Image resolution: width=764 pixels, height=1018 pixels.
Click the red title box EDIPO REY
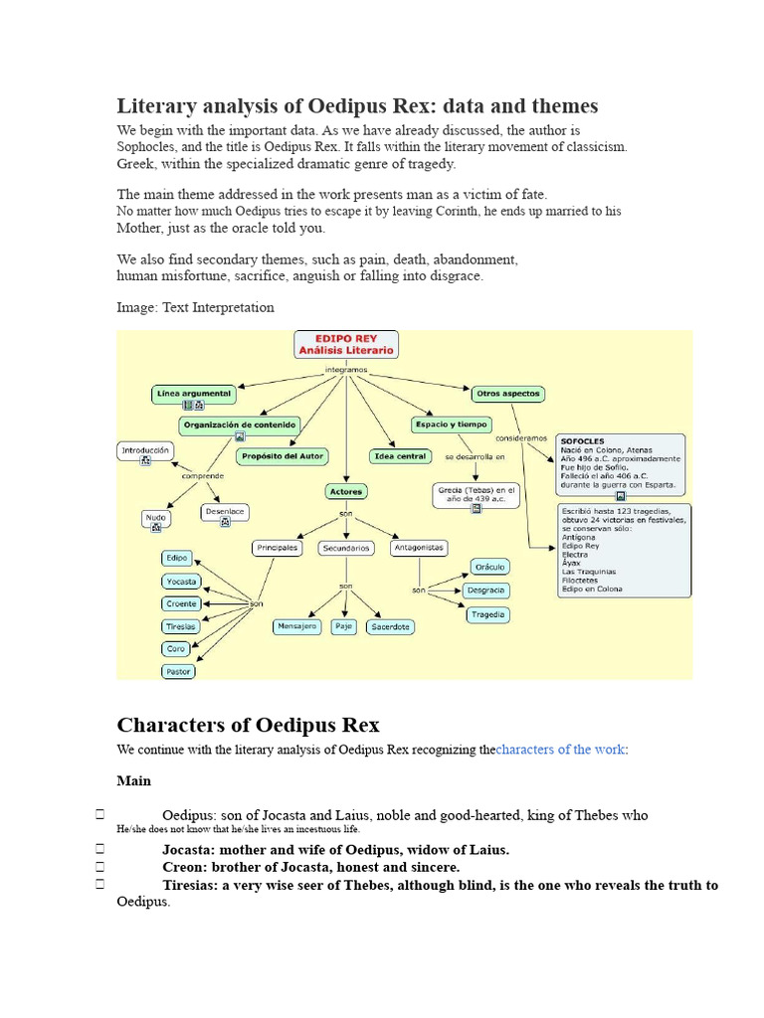pos(346,344)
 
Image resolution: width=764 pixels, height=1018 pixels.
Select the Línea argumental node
pos(193,394)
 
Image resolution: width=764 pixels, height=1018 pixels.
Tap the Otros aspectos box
pos(507,394)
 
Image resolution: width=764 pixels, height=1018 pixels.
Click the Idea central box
pos(399,456)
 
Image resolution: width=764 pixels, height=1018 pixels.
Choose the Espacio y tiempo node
pos(451,424)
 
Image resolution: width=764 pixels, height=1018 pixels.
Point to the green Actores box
pos(345,491)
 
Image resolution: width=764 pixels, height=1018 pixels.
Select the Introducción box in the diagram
pos(145,450)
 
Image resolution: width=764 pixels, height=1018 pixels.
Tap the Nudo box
pos(155,518)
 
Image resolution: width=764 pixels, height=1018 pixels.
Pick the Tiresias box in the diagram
pos(180,626)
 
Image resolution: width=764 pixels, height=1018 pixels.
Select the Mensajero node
pos(296,626)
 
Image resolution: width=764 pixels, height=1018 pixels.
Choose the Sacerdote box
pos(390,626)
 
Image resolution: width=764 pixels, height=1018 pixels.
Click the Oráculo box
pos(489,567)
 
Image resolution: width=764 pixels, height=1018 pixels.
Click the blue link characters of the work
pos(561,749)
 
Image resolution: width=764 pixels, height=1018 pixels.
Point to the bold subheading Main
pos(133,781)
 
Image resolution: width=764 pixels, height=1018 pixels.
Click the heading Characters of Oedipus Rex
pos(248,724)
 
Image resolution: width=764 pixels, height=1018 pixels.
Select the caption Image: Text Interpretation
pos(195,307)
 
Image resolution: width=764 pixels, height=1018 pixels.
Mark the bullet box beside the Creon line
pos(100,867)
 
